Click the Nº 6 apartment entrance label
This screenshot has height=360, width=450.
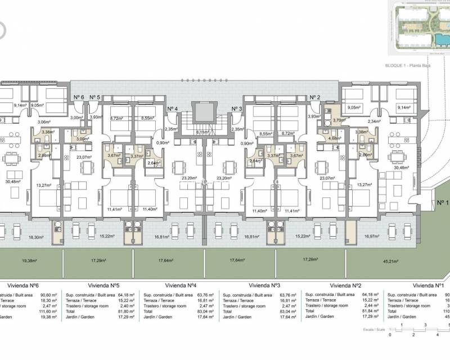click(79, 97)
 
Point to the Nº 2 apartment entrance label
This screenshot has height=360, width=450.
click(315, 97)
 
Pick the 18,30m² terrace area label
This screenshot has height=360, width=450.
click(35, 237)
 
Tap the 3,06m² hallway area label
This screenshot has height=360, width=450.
click(44, 121)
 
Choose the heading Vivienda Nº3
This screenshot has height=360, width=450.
click(264, 285)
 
